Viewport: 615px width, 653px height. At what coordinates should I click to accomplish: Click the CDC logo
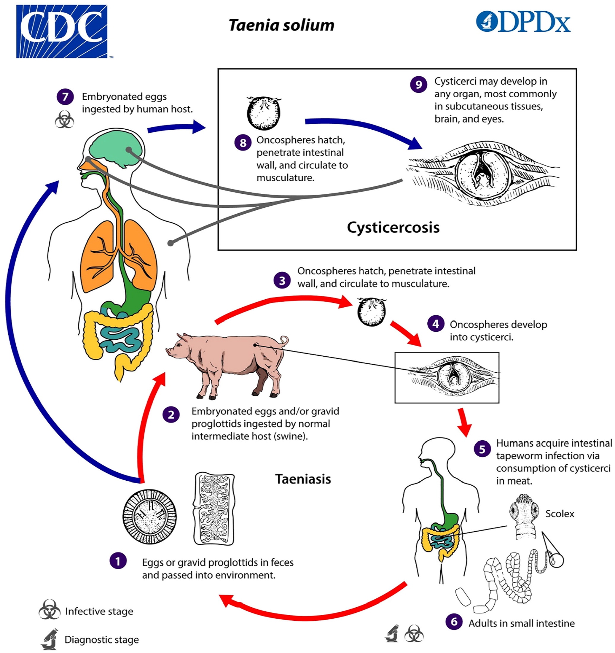(62, 31)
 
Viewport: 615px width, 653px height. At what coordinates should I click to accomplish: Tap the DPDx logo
(523, 22)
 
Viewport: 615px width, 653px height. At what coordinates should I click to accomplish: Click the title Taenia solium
(281, 25)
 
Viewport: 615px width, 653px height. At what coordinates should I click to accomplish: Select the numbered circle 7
(65, 97)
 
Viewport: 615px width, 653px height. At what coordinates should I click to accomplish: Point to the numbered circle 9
(418, 85)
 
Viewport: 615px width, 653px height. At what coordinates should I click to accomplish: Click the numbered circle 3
(282, 281)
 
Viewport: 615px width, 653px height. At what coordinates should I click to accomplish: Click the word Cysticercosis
(393, 227)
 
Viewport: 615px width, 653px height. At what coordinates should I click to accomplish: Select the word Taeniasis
(303, 479)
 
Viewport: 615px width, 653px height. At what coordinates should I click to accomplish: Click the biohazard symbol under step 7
(64, 119)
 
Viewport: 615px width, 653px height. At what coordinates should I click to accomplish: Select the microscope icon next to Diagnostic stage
(50, 639)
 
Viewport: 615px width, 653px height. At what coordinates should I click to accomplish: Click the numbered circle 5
(482, 449)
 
